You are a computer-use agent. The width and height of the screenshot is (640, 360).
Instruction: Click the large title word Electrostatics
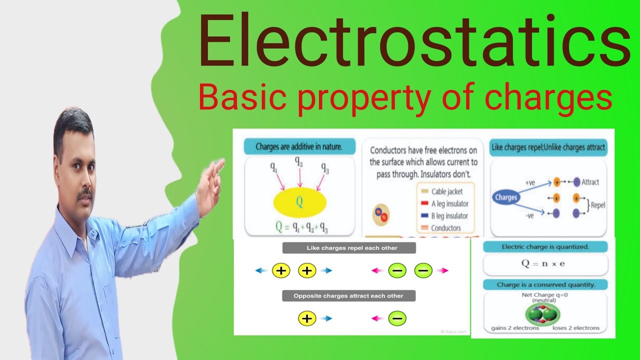point(414,42)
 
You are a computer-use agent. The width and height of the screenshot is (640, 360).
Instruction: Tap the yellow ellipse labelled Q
point(299,202)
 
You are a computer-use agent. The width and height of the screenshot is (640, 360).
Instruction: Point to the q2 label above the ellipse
point(299,161)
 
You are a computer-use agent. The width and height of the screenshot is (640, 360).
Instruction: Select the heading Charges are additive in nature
point(299,146)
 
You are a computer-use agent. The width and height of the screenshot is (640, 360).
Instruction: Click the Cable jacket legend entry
point(446,191)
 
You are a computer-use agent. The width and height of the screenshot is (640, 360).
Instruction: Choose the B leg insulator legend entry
point(449,216)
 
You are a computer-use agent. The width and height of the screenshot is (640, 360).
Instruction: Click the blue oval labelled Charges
point(505,197)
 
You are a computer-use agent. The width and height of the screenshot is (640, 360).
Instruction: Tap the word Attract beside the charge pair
point(590,182)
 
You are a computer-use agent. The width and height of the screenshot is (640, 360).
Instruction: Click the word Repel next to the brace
point(598,205)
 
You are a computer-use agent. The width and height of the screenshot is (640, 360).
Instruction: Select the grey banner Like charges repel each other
point(348,248)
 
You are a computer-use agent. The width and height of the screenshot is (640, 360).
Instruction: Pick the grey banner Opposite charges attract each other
point(348,296)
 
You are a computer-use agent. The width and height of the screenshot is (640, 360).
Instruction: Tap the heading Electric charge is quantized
point(545,247)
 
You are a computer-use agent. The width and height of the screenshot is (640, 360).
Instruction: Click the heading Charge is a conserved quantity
point(545,285)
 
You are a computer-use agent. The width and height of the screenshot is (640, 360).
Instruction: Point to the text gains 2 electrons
point(515,328)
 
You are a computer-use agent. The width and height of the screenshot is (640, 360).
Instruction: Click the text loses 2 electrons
point(575,328)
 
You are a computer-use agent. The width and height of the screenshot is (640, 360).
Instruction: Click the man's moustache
point(85,192)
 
